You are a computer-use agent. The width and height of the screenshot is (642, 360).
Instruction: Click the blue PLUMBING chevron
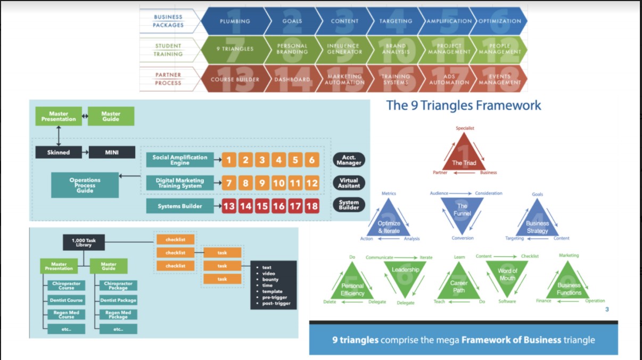click(235, 21)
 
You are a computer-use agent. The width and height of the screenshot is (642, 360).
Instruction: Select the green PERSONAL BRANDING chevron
click(292, 49)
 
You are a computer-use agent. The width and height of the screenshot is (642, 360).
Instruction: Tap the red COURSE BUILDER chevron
click(235, 79)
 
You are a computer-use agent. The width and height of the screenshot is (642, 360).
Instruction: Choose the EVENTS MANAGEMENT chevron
click(499, 79)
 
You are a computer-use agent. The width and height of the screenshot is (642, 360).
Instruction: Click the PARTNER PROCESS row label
click(168, 79)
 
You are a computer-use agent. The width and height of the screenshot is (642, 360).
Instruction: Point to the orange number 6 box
click(312, 160)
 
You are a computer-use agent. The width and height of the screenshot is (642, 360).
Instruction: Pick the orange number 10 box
click(279, 184)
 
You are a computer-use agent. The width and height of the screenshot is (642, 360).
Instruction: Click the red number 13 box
click(229, 207)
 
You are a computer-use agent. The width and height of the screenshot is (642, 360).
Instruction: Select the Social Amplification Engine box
click(179, 160)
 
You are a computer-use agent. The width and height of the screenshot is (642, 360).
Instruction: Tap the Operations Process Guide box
click(85, 185)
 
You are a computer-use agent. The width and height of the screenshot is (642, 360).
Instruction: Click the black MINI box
click(112, 152)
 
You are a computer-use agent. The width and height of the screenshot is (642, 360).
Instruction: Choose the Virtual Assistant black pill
click(349, 183)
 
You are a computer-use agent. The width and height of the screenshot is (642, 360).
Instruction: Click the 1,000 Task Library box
click(84, 243)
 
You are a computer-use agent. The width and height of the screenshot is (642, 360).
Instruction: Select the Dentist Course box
click(67, 300)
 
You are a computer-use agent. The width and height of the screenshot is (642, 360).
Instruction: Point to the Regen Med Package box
click(118, 315)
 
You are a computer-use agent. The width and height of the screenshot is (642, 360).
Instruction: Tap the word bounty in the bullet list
click(270, 280)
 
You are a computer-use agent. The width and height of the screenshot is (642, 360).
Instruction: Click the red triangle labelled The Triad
click(464, 157)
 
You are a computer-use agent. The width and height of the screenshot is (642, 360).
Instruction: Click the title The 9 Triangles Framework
click(463, 105)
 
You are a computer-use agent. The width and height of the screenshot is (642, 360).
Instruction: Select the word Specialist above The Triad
click(465, 128)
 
